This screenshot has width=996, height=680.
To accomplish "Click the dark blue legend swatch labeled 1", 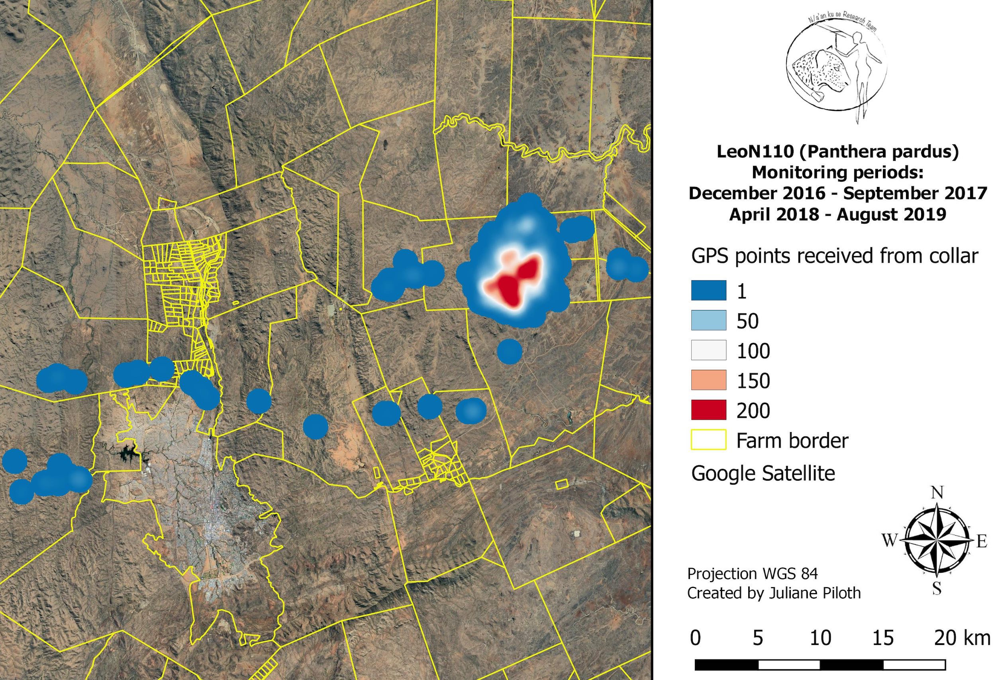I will (708, 290).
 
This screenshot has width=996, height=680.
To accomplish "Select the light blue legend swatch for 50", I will (708, 320).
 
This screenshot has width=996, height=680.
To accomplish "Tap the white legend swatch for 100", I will (708, 350).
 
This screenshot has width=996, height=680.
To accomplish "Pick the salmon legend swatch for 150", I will (708, 380).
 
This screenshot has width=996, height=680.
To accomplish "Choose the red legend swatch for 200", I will (708, 409).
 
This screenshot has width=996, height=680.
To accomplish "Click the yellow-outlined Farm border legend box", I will (708, 440).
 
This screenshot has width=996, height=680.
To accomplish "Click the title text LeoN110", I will (754, 152).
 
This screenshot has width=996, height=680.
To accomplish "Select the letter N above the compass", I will (937, 493).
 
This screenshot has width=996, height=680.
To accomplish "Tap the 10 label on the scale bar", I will (820, 638).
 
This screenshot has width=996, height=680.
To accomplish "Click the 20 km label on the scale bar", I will (962, 638).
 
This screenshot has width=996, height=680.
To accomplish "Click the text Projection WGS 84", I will (752, 574).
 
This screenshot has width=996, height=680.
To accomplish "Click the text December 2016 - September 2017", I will (837, 193).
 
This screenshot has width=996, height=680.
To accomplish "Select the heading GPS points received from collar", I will (834, 256).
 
